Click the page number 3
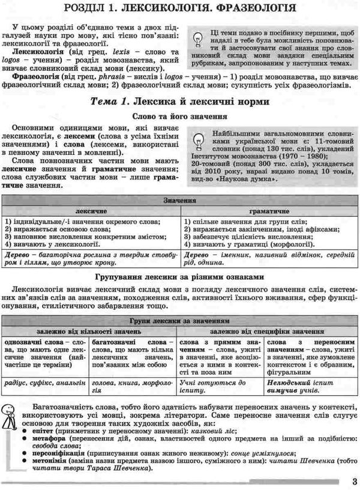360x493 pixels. click(x=353, y=480)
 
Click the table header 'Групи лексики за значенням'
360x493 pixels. click(x=179, y=321)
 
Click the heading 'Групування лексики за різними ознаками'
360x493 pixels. click(x=179, y=277)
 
